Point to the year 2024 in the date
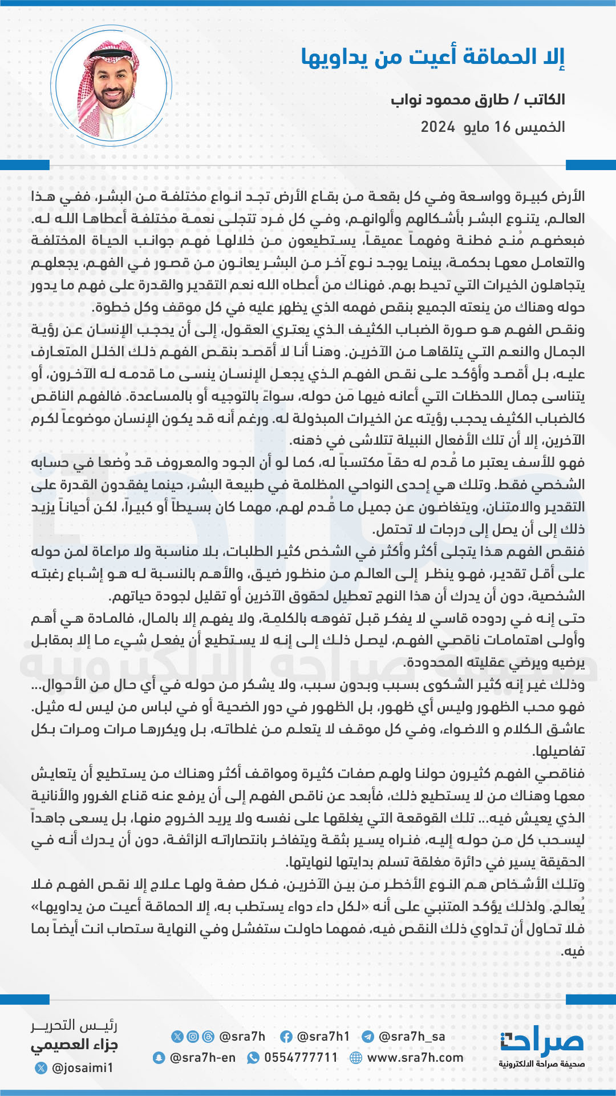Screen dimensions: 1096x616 [x=437, y=127]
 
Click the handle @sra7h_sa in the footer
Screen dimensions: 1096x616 [x=412, y=1036]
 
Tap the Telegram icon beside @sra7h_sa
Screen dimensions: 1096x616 [x=368, y=1037]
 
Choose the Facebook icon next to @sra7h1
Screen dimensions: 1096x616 [x=286, y=1037]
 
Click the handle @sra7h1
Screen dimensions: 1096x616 [x=323, y=1036]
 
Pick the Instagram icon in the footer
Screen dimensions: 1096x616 [x=193, y=1037]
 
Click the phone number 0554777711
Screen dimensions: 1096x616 [x=301, y=1057]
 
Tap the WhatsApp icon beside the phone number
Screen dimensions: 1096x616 [x=253, y=1058]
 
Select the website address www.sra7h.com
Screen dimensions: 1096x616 [x=415, y=1057]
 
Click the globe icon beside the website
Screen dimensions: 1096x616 [x=356, y=1058]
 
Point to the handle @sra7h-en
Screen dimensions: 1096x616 [x=202, y=1057]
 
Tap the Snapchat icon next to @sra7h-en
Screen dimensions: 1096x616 [x=159, y=1058]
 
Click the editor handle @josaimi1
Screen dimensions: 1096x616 [x=82, y=1067]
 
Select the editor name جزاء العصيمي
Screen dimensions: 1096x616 [x=74, y=1045]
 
